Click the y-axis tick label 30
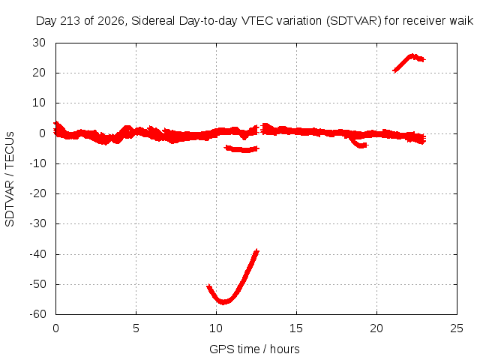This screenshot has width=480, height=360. click(39, 43)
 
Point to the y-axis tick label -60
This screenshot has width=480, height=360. click(37, 314)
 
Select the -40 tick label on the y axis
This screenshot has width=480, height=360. click(37, 253)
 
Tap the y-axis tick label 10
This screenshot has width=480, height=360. click(39, 103)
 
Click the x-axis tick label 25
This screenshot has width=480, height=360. click(457, 328)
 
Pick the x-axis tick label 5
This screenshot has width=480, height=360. click(136, 328)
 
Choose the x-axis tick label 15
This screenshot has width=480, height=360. click(296, 328)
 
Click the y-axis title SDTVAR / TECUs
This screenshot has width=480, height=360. click(10, 179)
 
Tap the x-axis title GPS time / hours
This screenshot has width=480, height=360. click(254, 349)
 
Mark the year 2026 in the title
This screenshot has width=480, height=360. click(111, 21)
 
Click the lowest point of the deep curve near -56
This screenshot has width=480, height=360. click(223, 302)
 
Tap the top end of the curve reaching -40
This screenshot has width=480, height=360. click(257, 250)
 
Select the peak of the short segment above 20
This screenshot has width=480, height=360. click(412, 55)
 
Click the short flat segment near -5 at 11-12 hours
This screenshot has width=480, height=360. click(241, 149)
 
